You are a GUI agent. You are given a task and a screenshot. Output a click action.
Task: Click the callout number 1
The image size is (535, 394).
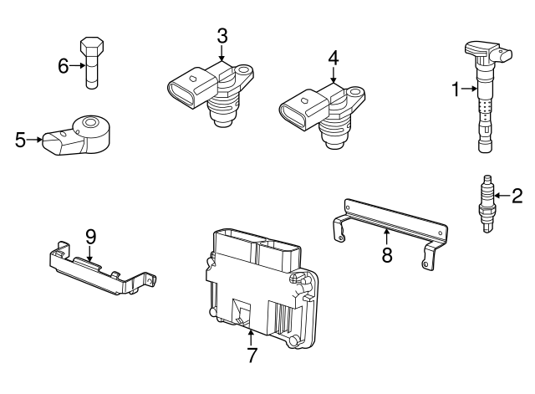click(456, 90)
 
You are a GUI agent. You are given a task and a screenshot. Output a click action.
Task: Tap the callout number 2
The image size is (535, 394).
click(517, 197)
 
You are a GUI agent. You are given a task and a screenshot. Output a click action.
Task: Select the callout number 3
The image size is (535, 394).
click(222, 36)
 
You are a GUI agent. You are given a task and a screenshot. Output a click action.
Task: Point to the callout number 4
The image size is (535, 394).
click(333, 59)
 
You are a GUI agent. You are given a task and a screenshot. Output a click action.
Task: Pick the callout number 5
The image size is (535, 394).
click(21, 140)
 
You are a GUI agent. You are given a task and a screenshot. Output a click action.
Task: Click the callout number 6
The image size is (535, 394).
click(64, 65)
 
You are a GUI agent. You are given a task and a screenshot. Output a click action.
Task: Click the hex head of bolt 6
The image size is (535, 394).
click(91, 45)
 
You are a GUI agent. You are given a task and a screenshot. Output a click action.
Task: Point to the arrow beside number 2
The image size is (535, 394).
click(502, 197)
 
